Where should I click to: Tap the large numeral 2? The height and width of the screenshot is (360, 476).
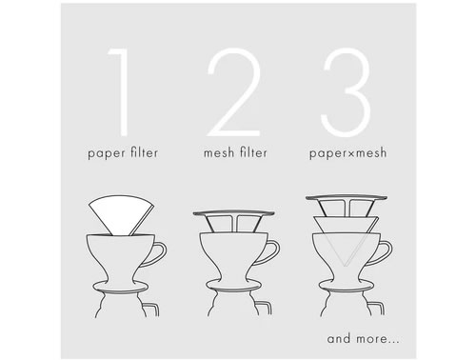(235, 92)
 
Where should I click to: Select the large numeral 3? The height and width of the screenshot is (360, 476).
(347, 92)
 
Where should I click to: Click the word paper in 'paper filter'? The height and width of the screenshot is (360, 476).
(107, 153)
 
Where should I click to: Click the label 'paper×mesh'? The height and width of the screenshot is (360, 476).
(348, 153)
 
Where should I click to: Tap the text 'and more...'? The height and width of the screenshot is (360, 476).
(363, 338)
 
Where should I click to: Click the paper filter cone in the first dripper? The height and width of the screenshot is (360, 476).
(121, 215)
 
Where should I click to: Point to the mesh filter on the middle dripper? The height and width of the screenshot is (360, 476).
(233, 220)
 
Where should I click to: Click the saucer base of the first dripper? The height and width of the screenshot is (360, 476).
(121, 288)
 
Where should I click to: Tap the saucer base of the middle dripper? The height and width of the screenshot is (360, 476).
(233, 286)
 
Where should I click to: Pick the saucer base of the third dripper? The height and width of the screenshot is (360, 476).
(347, 286)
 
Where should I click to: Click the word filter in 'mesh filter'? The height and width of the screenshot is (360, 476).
(253, 152)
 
